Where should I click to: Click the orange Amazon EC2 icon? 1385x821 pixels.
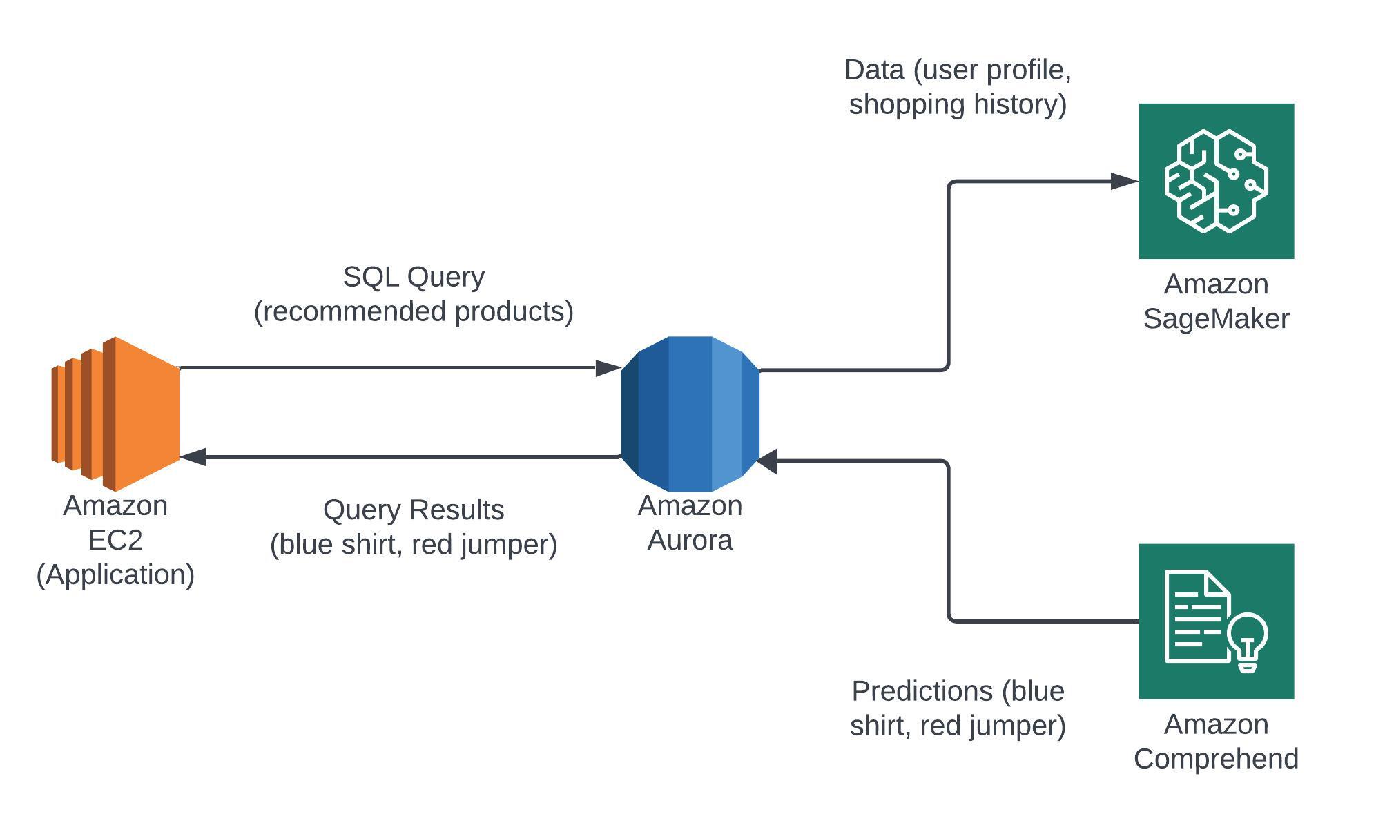[x=115, y=414]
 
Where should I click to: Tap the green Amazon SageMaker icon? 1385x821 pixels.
[x=1216, y=181]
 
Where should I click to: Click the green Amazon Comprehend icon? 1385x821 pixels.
[x=1216, y=621]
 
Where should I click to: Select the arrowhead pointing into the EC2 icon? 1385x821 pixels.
[x=193, y=456]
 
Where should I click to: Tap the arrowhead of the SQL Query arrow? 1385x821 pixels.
[x=608, y=368]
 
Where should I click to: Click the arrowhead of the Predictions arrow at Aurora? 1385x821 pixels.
[x=768, y=461]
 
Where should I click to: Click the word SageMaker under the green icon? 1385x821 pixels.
[x=1216, y=319]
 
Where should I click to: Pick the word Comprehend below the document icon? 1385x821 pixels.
[x=1216, y=759]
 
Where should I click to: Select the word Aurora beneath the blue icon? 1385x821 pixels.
[x=690, y=540]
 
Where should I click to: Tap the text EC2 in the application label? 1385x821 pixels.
[x=115, y=540]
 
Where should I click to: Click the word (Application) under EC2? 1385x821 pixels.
[x=115, y=574]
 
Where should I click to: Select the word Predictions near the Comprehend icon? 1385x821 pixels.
[x=922, y=691]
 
